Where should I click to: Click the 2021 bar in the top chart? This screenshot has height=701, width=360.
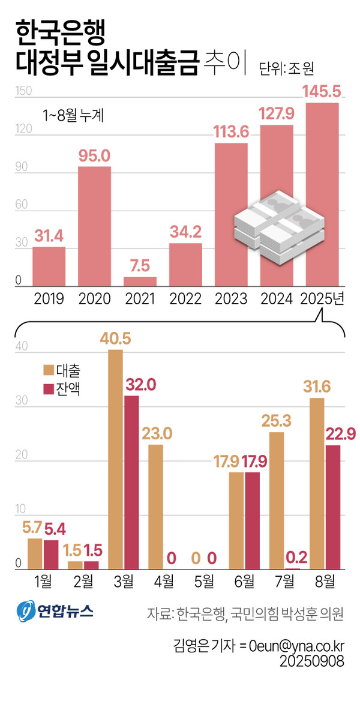coord(140,281)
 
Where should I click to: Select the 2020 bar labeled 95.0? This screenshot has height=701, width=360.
coord(94,226)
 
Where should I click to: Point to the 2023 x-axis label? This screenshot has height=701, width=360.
coord(232,299)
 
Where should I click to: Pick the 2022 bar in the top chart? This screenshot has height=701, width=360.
coord(185,265)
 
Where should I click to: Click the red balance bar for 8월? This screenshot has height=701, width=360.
coord(332,507)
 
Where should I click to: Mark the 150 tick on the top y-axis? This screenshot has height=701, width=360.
coord(22,91)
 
